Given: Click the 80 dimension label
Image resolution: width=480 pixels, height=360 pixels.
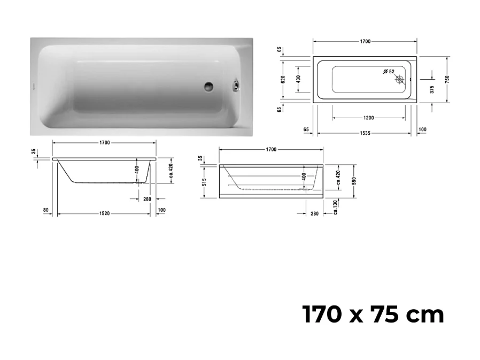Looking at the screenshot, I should coord(45,210).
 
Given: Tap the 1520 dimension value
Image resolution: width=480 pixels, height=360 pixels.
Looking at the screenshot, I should coord(104,214).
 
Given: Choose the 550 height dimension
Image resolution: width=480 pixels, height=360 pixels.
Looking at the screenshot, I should coord(354,181).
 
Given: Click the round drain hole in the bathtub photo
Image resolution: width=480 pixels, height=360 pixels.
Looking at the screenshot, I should coord(208,85).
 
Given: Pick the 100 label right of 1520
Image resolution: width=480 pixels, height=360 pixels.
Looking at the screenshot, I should coord(161,210).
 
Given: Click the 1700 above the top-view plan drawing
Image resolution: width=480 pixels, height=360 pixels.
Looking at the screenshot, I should coord(365,41).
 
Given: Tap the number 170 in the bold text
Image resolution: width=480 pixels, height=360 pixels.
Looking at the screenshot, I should coord(322,315).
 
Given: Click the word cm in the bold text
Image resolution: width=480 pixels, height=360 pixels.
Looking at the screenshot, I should coord(425,315).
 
